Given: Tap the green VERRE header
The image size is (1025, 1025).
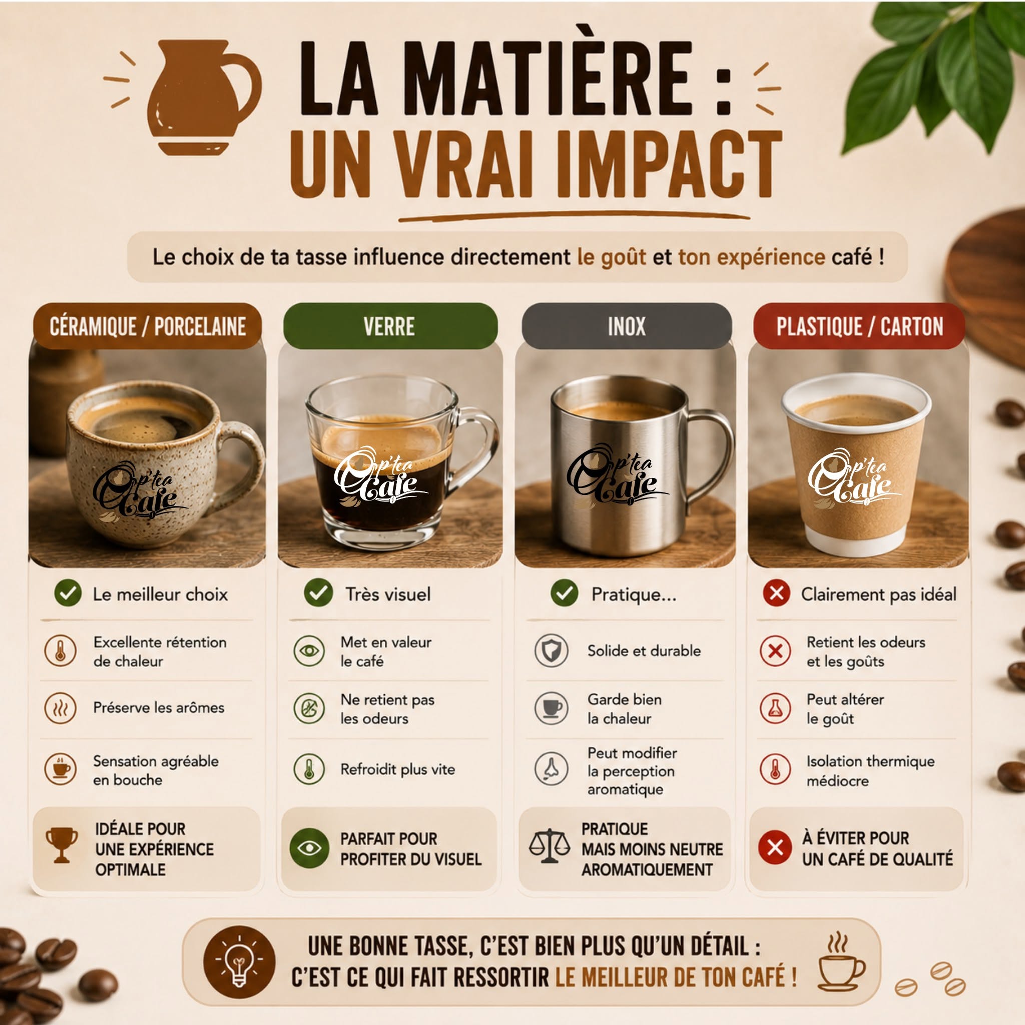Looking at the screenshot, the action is click(x=390, y=326).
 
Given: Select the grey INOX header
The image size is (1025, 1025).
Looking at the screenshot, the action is click(x=627, y=326).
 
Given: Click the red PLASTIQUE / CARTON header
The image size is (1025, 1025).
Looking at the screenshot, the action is click(x=859, y=326).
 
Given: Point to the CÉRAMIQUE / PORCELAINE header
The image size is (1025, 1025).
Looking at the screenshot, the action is click(x=148, y=326).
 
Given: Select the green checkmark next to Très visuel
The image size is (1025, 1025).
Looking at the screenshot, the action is click(x=318, y=593).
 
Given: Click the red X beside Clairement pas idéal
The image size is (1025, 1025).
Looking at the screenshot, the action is click(x=777, y=593).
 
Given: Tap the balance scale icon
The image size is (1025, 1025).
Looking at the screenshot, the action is click(x=549, y=846).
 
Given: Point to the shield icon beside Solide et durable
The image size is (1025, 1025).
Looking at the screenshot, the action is click(x=551, y=651).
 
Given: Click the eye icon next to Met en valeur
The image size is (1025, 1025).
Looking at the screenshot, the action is click(x=309, y=651).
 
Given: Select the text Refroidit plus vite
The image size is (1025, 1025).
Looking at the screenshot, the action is click(x=398, y=769).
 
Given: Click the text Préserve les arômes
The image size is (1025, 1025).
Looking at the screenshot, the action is click(x=159, y=708).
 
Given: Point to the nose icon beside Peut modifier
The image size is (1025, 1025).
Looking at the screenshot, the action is click(x=551, y=769).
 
